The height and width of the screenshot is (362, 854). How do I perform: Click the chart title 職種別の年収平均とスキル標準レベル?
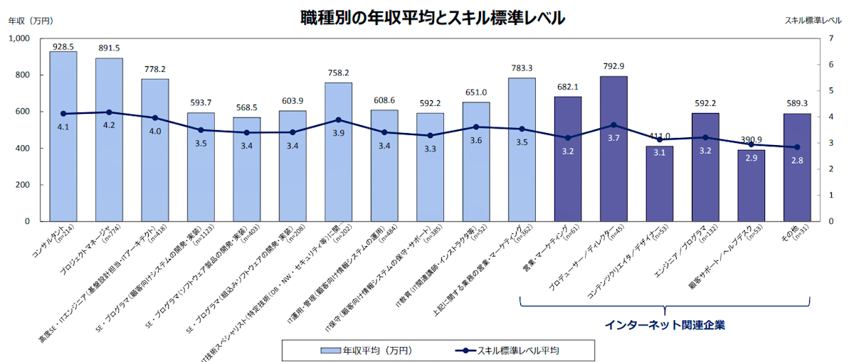tap(433, 18)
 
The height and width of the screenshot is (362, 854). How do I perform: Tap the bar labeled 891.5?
tap(109, 142)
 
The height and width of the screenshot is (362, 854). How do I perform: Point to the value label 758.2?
tap(338, 73)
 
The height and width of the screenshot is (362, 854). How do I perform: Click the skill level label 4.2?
tap(109, 125)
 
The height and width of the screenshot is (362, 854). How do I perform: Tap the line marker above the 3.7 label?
tap(613, 125)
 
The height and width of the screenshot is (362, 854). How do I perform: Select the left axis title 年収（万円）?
tap(31, 21)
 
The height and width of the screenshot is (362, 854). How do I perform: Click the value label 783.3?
tap(522, 68)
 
